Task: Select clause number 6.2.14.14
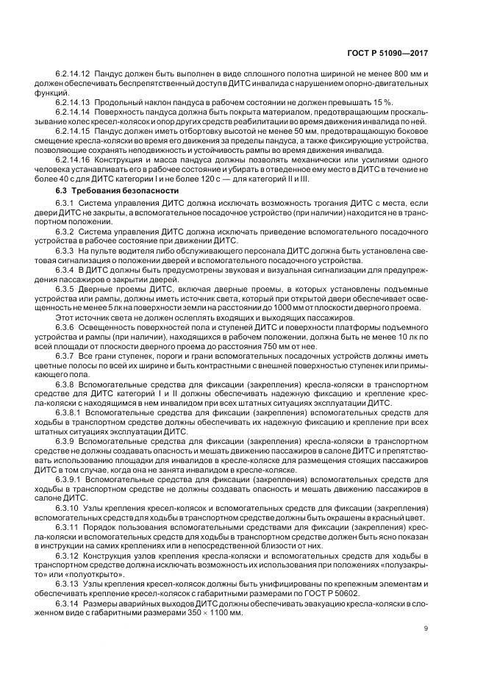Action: [x=73, y=112]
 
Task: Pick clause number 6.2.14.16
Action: [x=73, y=158]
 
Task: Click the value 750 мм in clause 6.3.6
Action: [x=285, y=345]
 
